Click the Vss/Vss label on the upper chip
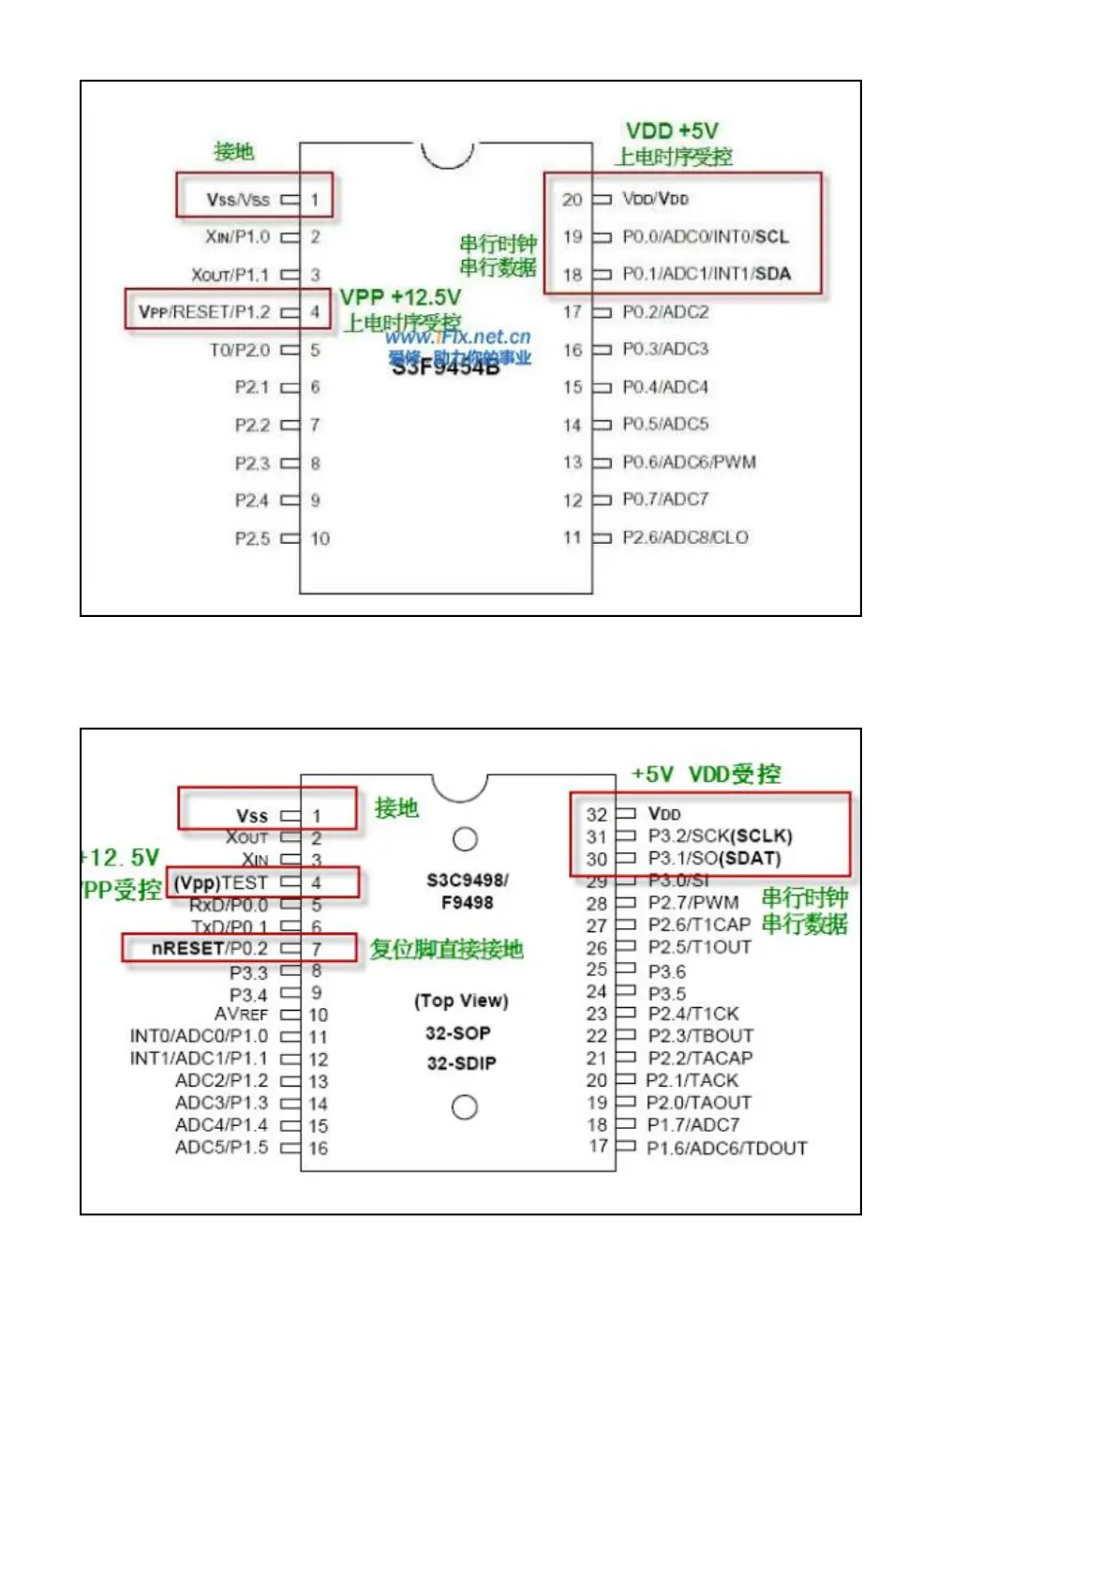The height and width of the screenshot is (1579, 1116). [238, 200]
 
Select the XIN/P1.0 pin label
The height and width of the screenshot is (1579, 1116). [237, 237]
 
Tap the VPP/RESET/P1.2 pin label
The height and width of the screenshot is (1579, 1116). [204, 312]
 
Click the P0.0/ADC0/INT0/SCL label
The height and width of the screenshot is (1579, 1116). [705, 237]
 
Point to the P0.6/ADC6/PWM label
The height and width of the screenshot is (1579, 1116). [689, 462]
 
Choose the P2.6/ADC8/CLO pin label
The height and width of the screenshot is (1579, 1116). [685, 537]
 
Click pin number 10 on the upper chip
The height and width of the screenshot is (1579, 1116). [320, 538]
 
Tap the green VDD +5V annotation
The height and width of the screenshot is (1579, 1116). [672, 131]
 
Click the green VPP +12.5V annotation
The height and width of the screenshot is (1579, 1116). [400, 297]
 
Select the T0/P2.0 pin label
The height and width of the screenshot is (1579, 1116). [240, 350]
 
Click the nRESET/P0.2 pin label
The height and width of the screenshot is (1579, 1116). [209, 949]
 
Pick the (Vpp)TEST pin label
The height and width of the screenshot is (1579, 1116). [221, 882]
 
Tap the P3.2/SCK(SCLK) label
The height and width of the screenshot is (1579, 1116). [720, 835]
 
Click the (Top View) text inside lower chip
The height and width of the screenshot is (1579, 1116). [461, 1000]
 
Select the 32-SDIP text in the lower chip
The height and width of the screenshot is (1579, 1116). [461, 1063]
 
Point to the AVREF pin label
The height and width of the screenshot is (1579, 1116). [241, 1015]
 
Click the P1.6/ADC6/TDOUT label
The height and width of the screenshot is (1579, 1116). [726, 1148]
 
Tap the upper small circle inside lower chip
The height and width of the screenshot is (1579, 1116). [465, 839]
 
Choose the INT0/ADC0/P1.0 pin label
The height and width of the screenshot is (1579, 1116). [199, 1036]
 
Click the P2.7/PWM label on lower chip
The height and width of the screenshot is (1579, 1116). [692, 903]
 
